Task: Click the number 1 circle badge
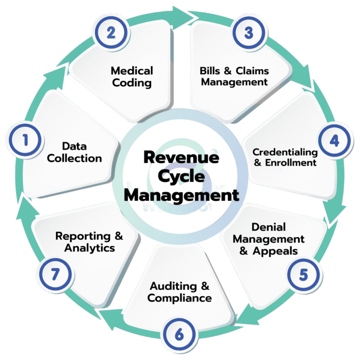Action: [26, 140]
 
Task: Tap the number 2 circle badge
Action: [111, 33]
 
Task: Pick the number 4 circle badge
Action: [335, 141]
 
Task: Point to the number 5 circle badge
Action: [303, 275]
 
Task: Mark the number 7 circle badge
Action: [54, 275]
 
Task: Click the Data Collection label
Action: [75, 152]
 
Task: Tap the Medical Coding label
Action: [132, 76]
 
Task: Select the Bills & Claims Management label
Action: [234, 76]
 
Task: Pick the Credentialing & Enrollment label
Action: [285, 157]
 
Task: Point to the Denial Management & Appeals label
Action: [269, 239]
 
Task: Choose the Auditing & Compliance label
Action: [179, 292]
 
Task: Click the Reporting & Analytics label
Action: [89, 241]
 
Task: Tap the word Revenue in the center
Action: [182, 159]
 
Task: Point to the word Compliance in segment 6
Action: [179, 298]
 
